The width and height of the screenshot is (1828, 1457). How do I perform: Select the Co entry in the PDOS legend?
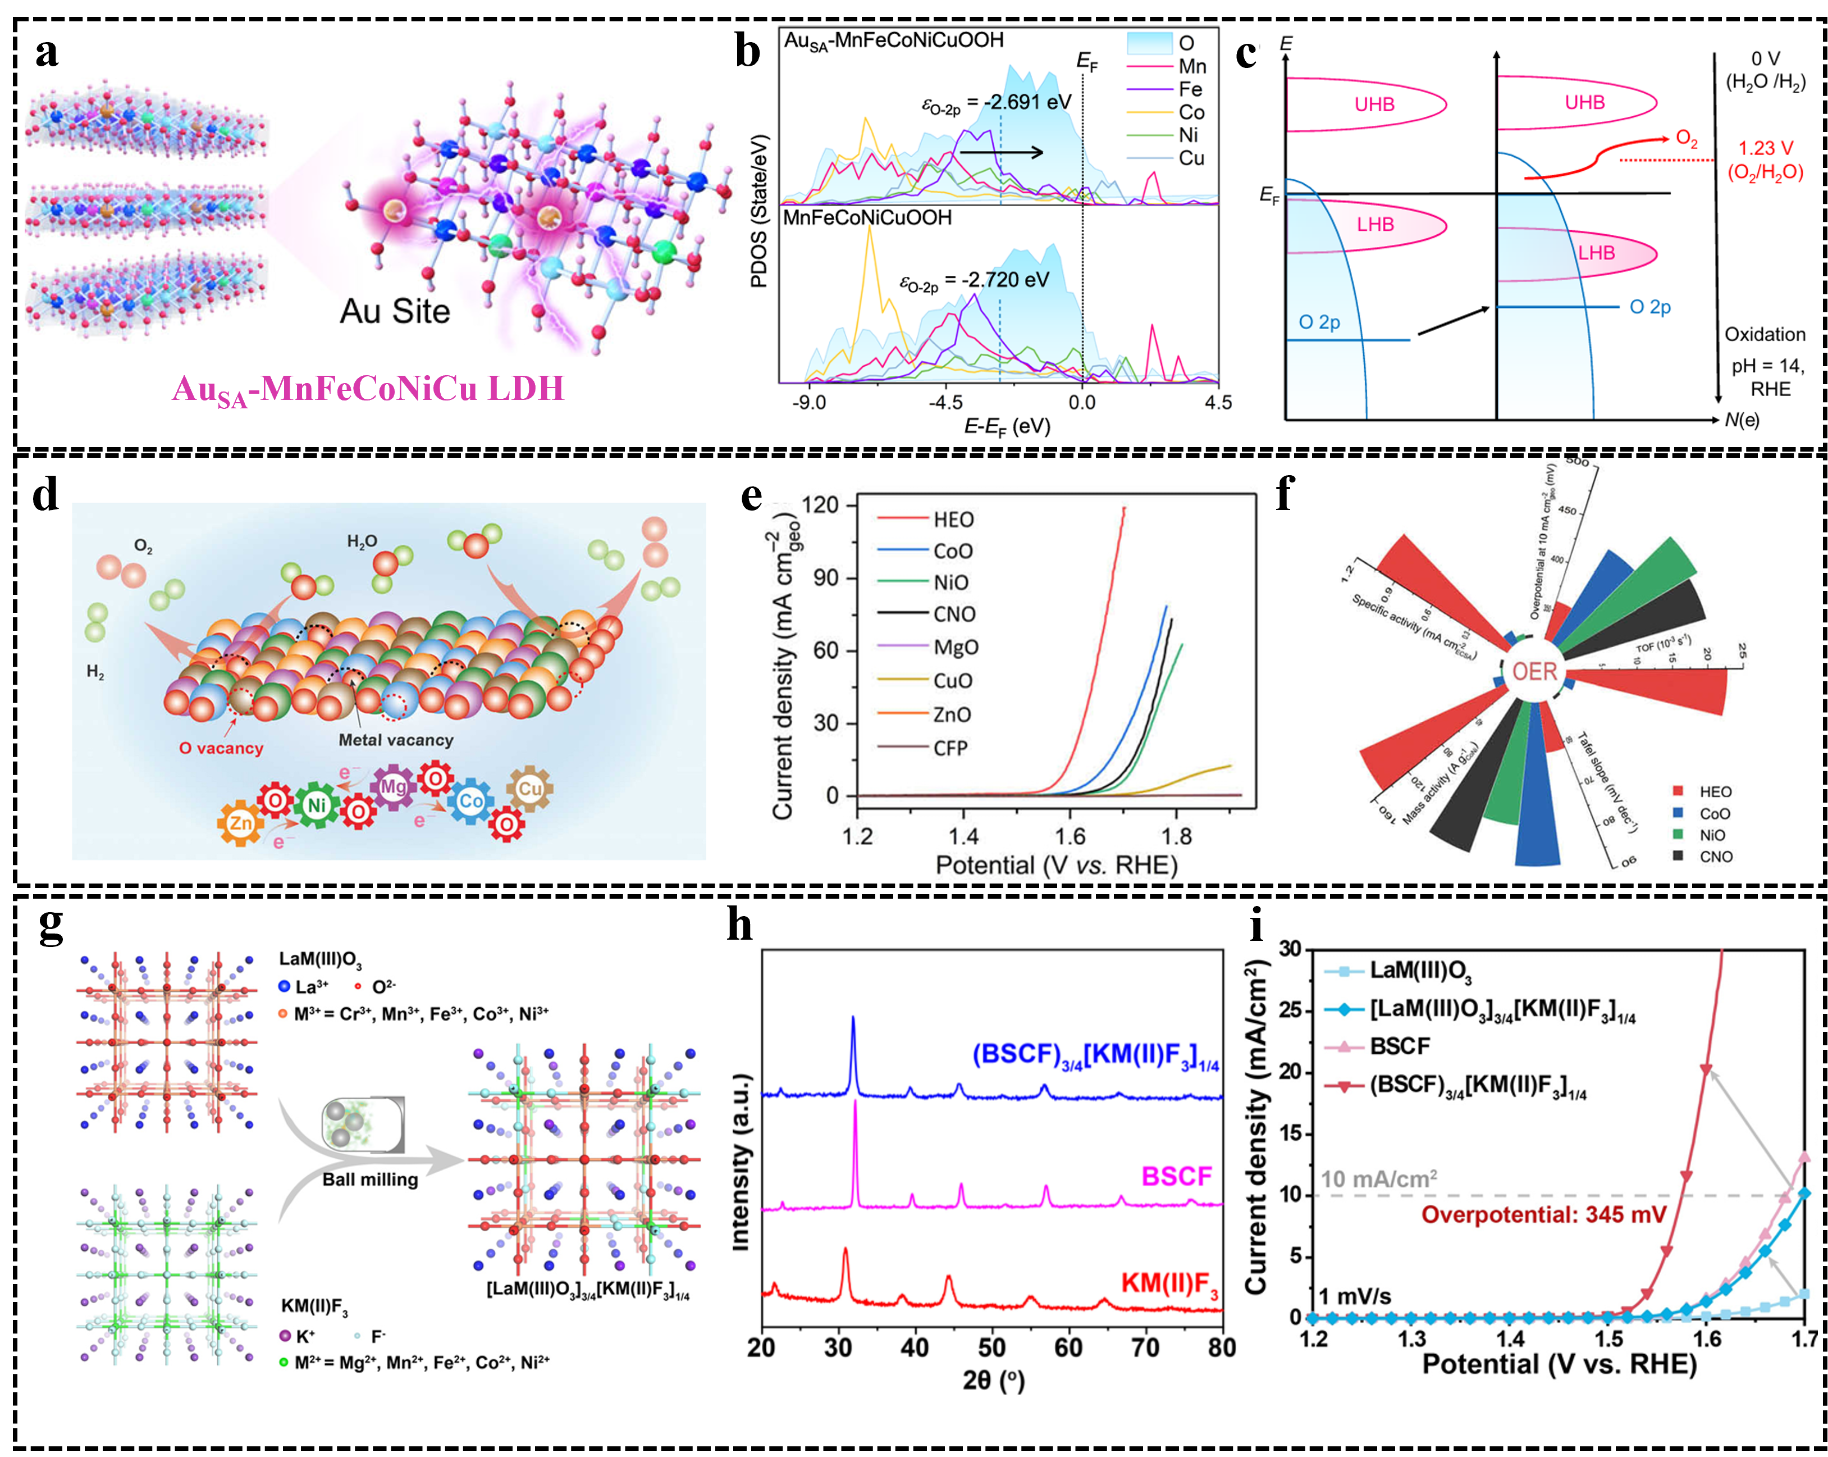point(1190,112)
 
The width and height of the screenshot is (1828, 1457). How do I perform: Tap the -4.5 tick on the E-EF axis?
point(944,402)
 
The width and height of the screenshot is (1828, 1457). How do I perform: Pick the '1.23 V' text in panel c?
point(1765,148)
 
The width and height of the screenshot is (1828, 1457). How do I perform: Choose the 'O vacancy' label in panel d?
point(221,748)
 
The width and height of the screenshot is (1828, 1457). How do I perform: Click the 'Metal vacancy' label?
point(396,740)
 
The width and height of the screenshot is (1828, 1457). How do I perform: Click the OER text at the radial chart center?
point(1534,672)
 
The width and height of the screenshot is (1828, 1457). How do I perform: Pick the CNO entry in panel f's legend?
point(1715,857)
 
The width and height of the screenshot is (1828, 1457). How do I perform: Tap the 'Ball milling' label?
point(371,1180)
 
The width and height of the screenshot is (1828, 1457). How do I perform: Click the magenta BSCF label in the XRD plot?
point(1176,1176)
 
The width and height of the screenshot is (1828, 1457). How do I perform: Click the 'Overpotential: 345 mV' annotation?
point(1544,1214)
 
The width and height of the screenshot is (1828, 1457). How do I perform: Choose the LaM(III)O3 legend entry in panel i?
point(1420,970)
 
